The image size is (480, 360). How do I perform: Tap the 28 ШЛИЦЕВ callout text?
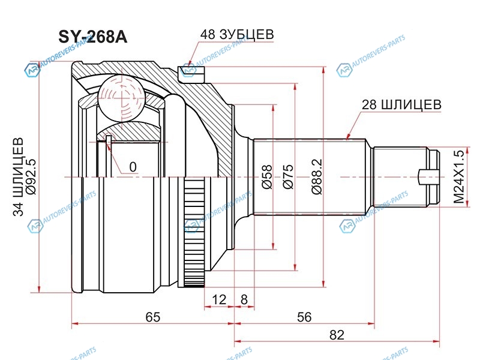401,104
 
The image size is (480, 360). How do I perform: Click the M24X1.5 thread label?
458,178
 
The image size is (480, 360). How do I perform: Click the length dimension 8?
244,298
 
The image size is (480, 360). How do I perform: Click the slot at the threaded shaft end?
430,178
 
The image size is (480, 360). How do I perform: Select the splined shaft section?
309,178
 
